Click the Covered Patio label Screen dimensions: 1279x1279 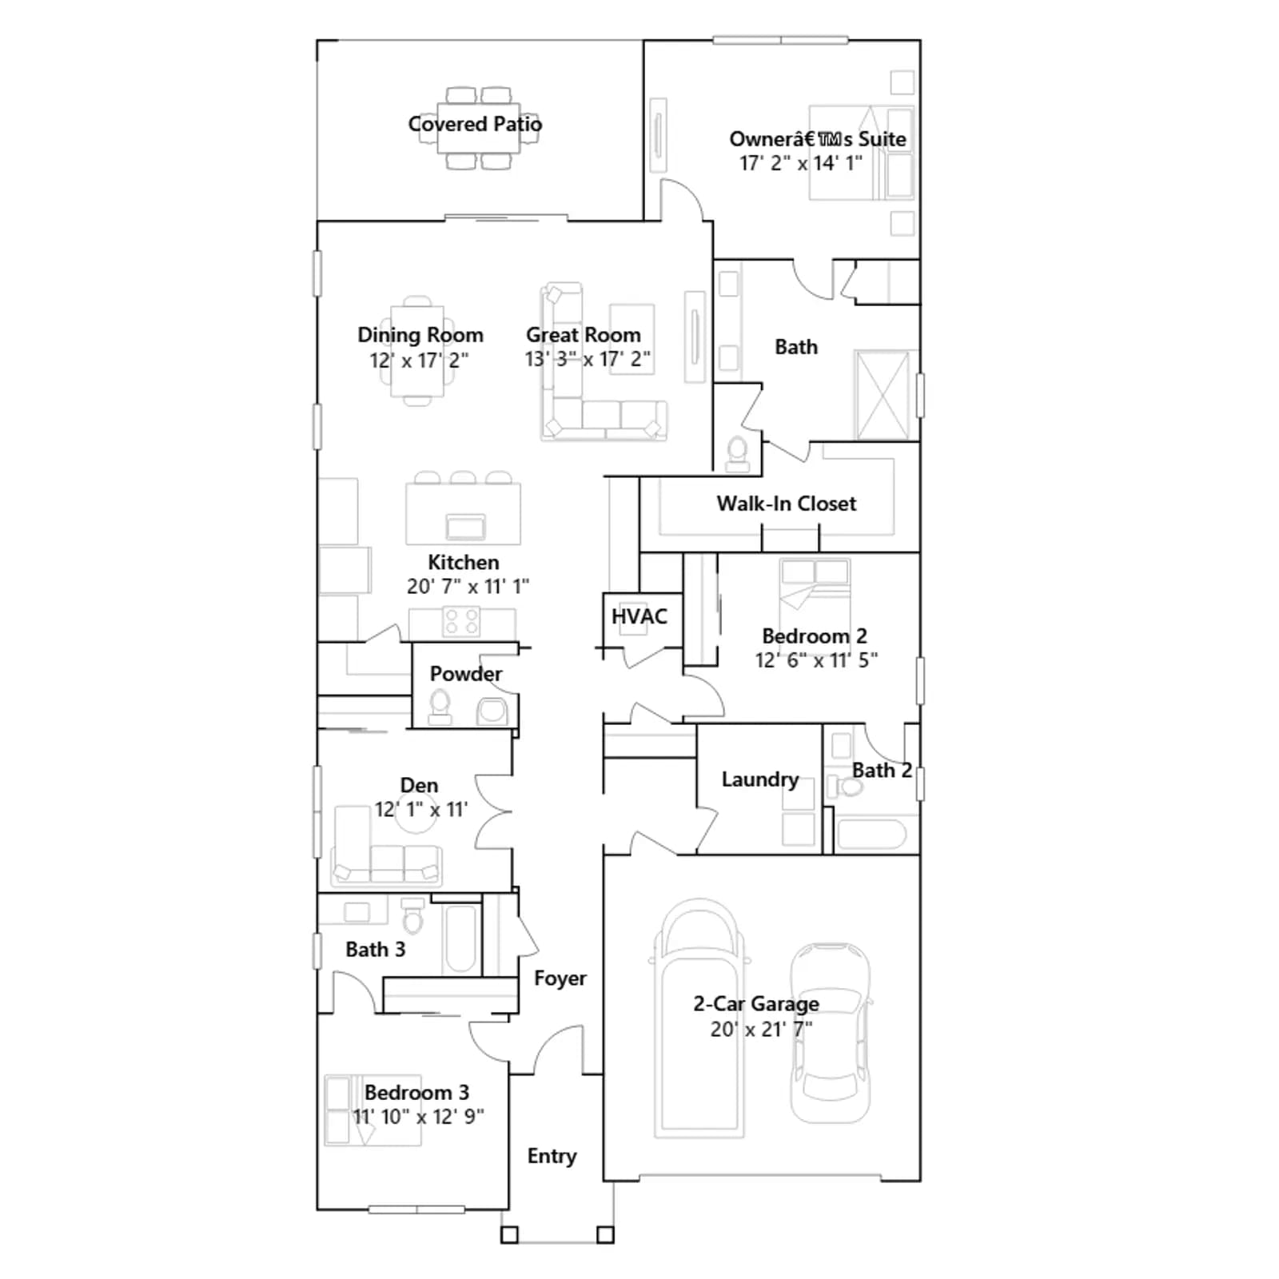pyautogui.click(x=475, y=124)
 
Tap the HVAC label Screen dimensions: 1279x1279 pyautogui.click(x=639, y=616)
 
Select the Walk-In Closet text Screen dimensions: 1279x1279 pyautogui.click(x=786, y=504)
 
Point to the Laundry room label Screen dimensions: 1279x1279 pyautogui.click(x=759, y=779)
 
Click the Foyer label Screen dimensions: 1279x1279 pyautogui.click(x=560, y=978)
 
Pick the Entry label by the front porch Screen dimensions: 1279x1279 pyautogui.click(x=552, y=1156)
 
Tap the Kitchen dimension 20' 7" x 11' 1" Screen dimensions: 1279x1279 pyautogui.click(x=468, y=586)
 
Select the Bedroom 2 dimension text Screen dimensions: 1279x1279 pyautogui.click(x=816, y=659)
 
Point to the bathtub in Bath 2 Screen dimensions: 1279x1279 pyautogui.click(x=871, y=835)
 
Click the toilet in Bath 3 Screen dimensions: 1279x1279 pyautogui.click(x=412, y=916)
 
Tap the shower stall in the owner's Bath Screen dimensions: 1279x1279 pyautogui.click(x=883, y=395)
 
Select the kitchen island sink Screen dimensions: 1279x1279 pyautogui.click(x=465, y=528)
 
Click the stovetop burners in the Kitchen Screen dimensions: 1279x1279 pyautogui.click(x=461, y=622)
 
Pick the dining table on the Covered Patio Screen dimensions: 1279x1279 pyautogui.click(x=478, y=128)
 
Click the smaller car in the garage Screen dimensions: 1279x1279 pyautogui.click(x=830, y=1033)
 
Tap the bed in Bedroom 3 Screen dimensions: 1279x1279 pyautogui.click(x=373, y=1110)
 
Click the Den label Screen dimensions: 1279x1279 pyautogui.click(x=419, y=786)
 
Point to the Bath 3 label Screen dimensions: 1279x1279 pyautogui.click(x=375, y=950)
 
